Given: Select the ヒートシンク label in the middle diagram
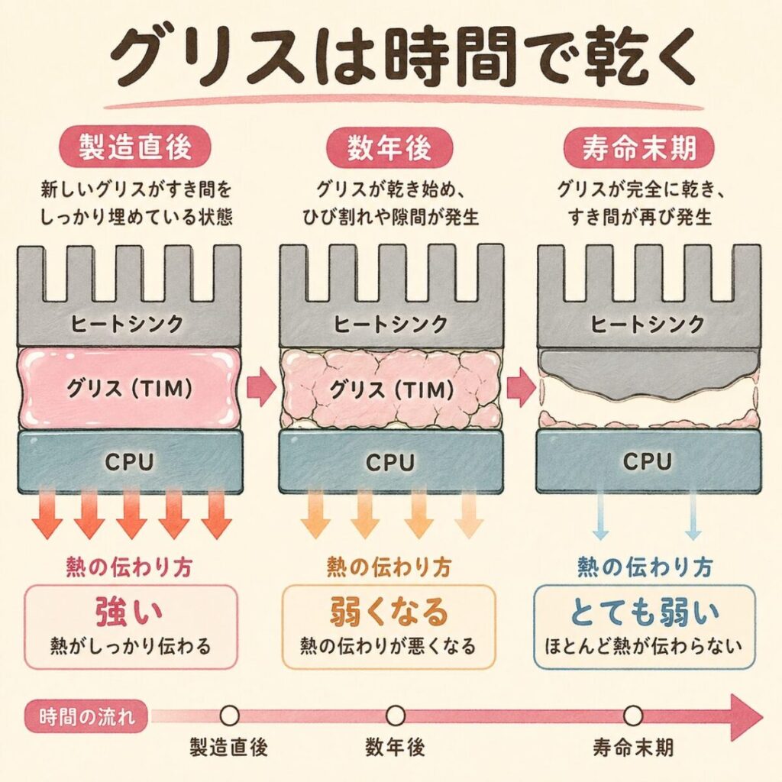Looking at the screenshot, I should (391, 323).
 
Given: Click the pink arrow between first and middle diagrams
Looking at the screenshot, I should (262, 389).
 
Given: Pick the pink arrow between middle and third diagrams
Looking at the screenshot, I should (522, 389).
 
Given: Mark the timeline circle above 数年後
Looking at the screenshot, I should (395, 716).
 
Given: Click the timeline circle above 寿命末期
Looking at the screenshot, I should (633, 716).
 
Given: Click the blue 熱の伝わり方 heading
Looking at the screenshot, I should (646, 566).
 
